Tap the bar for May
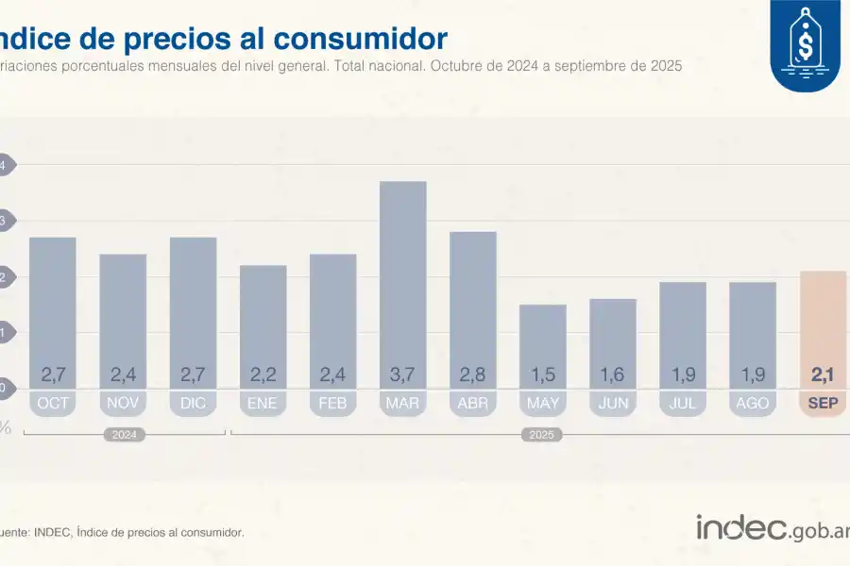[543, 345]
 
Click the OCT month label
[53, 404]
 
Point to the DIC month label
[193, 404]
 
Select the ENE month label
[263, 404]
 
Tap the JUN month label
[613, 404]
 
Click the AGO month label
[753, 404]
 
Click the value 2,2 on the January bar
[263, 375]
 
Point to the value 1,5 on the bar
[543, 375]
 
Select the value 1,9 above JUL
[683, 375]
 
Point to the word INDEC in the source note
[53, 533]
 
